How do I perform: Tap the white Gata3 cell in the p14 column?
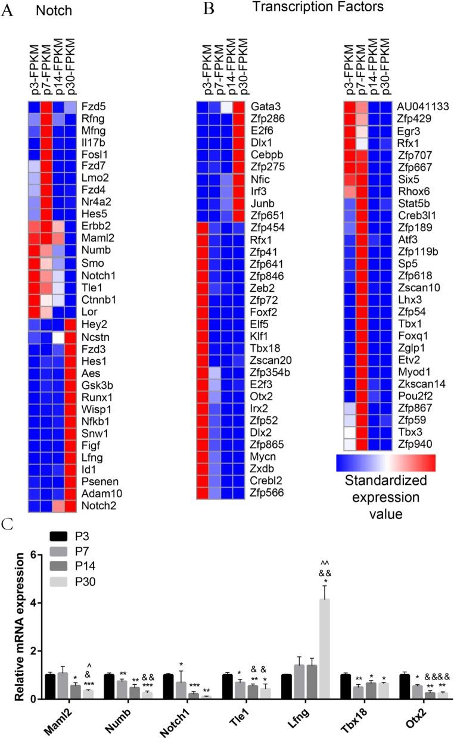click(x=227, y=107)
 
